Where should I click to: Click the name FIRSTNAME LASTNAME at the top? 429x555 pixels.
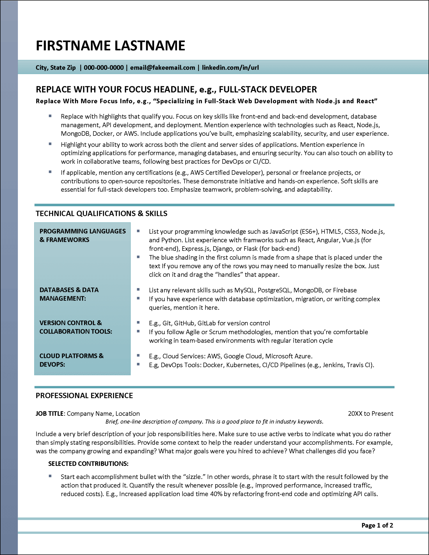(x=110, y=46)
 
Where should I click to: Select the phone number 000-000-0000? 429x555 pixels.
(x=104, y=68)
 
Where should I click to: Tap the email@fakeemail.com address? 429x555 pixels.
(x=162, y=68)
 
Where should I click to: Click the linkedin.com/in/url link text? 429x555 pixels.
(x=230, y=68)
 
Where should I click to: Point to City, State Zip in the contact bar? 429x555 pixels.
(x=56, y=68)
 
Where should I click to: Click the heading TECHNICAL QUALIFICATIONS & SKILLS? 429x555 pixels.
(x=101, y=214)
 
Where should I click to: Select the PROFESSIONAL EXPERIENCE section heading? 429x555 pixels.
(x=84, y=396)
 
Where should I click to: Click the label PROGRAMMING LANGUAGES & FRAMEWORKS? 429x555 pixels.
(x=82, y=235)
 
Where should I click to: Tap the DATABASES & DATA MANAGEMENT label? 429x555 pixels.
(x=69, y=294)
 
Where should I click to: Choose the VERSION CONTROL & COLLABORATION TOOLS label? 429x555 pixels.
(x=76, y=327)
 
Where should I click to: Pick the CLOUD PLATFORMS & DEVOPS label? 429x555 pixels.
(x=71, y=360)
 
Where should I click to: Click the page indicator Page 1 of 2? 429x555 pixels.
(x=377, y=525)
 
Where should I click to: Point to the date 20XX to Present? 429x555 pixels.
(x=370, y=414)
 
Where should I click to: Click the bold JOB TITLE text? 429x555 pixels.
(x=50, y=414)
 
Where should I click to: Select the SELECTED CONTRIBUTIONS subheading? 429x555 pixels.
(x=88, y=464)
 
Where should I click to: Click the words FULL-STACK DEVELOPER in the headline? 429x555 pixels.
(x=267, y=89)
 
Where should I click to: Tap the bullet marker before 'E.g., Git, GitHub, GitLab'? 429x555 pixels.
(x=138, y=322)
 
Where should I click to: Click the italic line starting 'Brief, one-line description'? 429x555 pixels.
(x=214, y=422)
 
